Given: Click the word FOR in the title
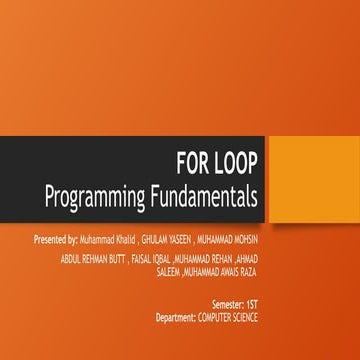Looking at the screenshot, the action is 191,163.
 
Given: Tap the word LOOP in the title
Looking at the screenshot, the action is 235,163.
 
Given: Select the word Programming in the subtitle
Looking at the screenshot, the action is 95,197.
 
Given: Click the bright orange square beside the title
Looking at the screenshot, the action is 314,179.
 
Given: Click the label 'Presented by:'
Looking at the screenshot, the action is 56,240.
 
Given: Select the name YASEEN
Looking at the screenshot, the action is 181,240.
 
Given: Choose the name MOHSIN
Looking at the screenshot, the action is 245,240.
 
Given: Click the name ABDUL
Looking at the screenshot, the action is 71,259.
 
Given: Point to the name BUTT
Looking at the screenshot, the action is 118,259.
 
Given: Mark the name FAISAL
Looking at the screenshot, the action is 142,259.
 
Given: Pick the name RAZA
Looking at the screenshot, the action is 249,272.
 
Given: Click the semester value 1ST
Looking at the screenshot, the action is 252,304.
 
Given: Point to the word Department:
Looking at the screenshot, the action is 176,318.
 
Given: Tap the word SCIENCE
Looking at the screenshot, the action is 245,317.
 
